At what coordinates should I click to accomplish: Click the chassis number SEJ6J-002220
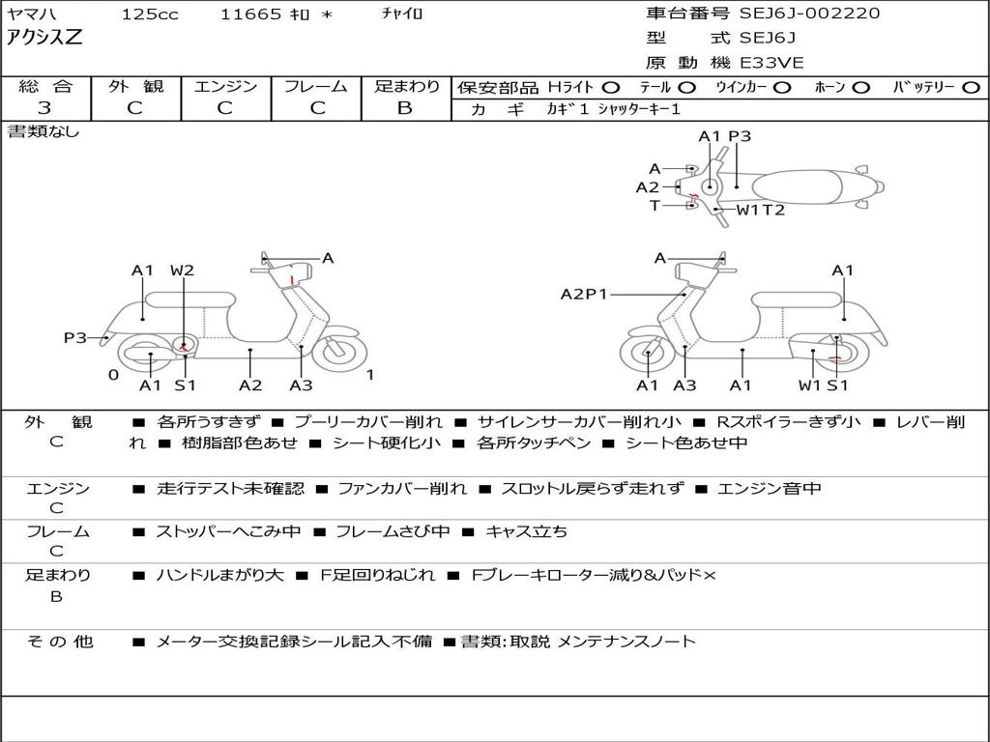click(x=809, y=14)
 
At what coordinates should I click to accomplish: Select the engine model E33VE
click(x=772, y=64)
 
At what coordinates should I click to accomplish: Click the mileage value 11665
click(x=250, y=14)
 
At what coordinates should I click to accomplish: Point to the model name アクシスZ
click(x=45, y=39)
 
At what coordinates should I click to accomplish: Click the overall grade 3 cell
click(x=44, y=108)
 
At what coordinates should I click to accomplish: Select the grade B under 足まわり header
click(x=405, y=108)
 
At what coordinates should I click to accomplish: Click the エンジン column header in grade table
click(x=225, y=86)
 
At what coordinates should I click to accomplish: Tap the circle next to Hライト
click(x=612, y=87)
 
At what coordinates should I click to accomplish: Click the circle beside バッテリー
click(x=971, y=87)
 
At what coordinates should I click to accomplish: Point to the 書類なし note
click(x=44, y=131)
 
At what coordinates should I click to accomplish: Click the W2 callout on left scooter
click(x=182, y=271)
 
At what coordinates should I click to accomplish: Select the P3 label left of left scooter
click(x=75, y=337)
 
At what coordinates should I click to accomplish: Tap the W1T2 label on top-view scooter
click(x=761, y=210)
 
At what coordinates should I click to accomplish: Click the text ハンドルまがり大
click(x=220, y=576)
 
